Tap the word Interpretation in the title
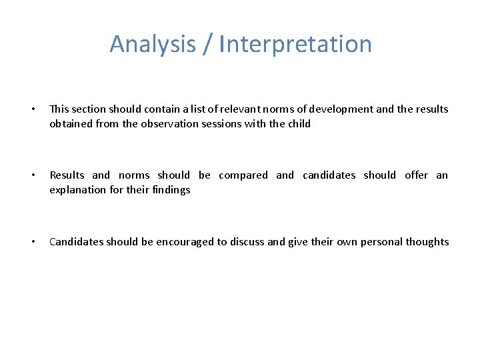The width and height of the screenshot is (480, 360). [295, 44]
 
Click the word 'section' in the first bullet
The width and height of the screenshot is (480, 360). [90, 109]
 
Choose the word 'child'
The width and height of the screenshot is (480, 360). [298, 124]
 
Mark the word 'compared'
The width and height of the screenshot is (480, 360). [243, 175]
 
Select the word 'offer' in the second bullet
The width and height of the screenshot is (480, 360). [416, 175]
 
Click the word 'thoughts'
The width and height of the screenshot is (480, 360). [428, 242]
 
